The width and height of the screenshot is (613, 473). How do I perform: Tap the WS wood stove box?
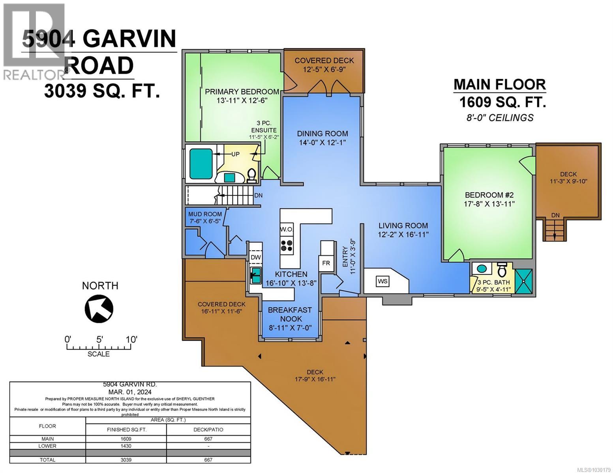point(382,281)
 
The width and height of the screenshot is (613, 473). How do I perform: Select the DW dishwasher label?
point(256,257)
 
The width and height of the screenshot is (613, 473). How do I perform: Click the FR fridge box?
point(326,263)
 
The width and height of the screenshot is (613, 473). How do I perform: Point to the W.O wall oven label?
point(286,229)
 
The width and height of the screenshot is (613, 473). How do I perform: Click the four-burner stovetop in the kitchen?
point(287,246)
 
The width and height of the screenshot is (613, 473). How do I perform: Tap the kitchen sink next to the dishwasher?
point(256,273)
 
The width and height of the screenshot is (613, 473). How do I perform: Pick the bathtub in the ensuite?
point(201,164)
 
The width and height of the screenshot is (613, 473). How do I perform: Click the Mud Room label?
point(205,214)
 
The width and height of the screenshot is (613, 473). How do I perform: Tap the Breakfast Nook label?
point(290,314)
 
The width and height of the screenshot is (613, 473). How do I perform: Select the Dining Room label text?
point(322,134)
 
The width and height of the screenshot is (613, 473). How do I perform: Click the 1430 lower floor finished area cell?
point(126,446)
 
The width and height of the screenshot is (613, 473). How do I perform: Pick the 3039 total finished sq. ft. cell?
point(126,460)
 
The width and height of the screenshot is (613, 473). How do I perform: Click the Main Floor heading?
point(499,84)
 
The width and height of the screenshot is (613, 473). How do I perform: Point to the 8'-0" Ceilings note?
point(500,117)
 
